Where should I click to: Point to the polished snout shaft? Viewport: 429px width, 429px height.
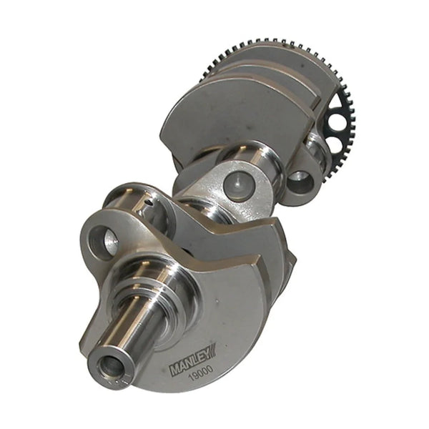tap(132, 332)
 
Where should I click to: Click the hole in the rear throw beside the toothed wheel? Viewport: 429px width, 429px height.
tap(300, 182)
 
